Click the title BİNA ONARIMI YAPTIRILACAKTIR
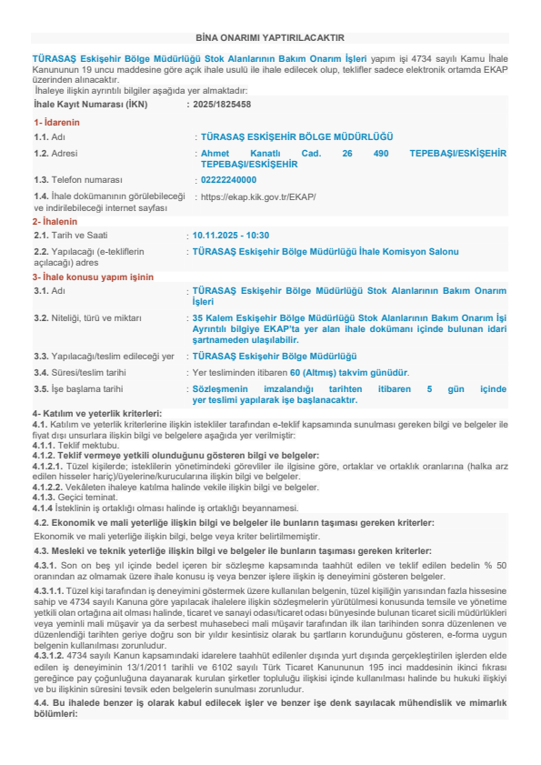pos(270,37)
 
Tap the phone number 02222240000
pos(228,180)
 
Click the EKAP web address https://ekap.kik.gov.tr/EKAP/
pos(258,196)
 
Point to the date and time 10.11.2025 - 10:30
pos(231,235)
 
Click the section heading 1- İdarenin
pos(56,121)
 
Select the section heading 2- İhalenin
pos(55,221)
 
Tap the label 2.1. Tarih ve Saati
pos(73,235)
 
